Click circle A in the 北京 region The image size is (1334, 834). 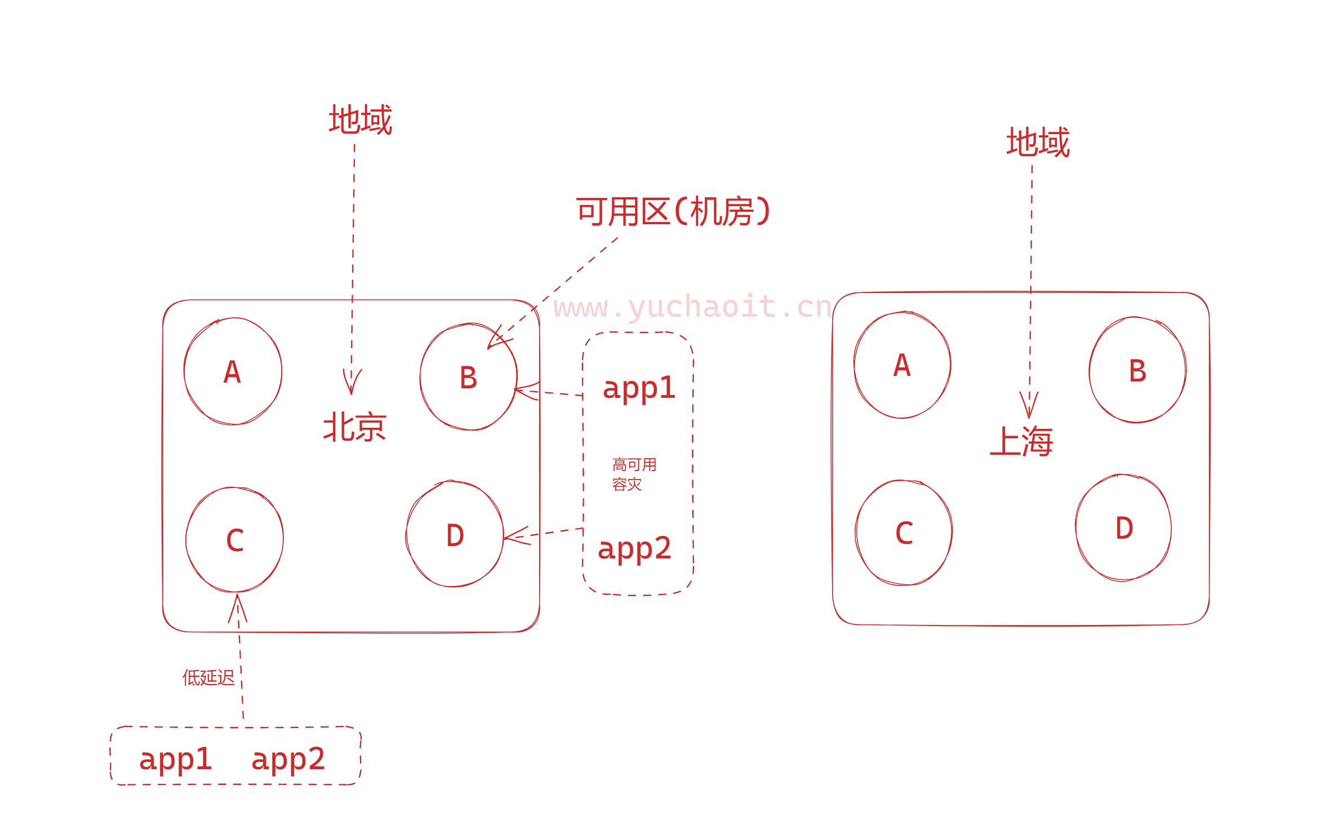(233, 371)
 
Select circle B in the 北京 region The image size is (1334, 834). (468, 377)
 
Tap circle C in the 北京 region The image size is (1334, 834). (235, 540)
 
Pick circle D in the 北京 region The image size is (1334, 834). (455, 534)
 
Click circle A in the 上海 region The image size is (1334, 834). (902, 365)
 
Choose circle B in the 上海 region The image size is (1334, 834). (1137, 370)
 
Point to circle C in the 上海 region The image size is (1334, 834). (904, 533)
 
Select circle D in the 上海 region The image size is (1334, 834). (1124, 528)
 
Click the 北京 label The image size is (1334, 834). (354, 427)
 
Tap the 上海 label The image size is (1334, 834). (1021, 441)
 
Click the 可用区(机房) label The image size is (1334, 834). (673, 212)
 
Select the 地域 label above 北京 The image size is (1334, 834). (361, 119)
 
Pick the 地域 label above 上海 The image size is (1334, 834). (1038, 142)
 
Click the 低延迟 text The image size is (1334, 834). (208, 677)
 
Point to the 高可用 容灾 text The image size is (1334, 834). (634, 474)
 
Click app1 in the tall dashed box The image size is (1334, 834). (639, 388)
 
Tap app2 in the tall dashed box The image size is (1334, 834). (634, 548)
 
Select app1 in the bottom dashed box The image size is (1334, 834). (175, 758)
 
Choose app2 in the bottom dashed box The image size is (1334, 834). (288, 758)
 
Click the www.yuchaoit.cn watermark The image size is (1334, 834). (692, 307)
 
